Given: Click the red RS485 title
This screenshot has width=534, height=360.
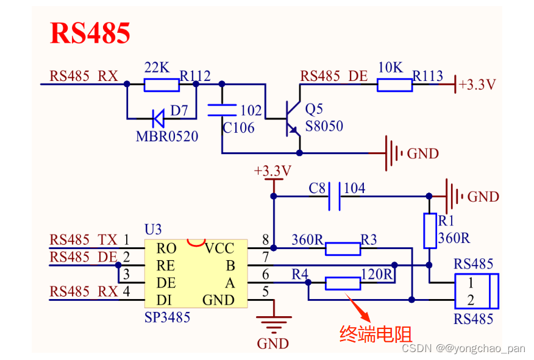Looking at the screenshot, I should (90, 33).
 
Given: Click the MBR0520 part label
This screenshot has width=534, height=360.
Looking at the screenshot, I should (166, 136).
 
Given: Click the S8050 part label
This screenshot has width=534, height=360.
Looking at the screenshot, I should (324, 127).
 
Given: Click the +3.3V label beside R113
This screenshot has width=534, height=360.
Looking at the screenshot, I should (477, 85).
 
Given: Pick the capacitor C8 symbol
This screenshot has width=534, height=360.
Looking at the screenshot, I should (335, 197).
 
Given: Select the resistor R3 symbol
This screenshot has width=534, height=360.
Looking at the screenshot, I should (343, 248).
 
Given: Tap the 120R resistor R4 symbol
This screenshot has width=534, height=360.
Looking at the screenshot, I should (343, 283).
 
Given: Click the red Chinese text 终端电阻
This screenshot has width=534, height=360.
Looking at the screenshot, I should (376, 334).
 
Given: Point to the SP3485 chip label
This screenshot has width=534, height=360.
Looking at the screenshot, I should (168, 317).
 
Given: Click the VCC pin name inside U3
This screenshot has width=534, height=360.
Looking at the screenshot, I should (219, 248).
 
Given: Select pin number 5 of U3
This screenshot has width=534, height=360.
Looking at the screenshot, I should (265, 292).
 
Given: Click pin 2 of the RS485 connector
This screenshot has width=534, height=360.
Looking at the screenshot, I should (471, 300).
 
